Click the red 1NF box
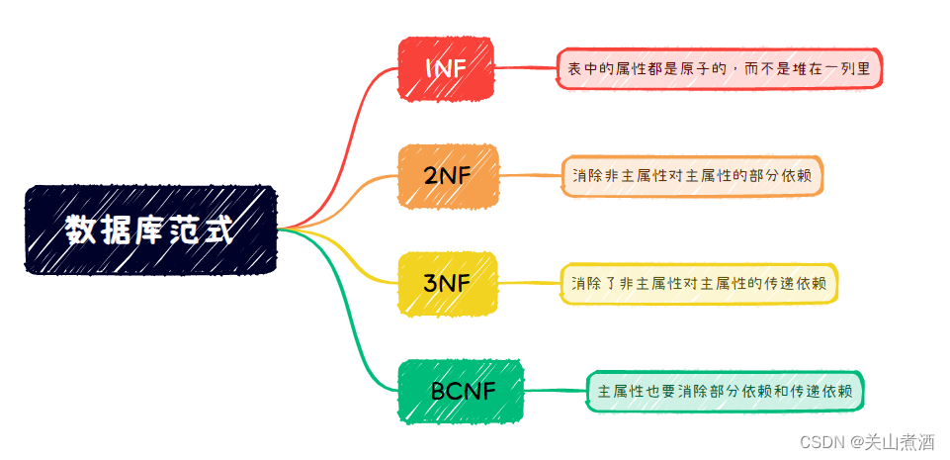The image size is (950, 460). tap(445, 68)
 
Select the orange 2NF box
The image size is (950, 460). tap(448, 176)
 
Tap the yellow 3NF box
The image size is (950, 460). tap(447, 284)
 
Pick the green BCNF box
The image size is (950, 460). tap(461, 392)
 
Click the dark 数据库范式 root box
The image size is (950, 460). tap(150, 230)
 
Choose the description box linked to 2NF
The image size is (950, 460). tap(692, 176)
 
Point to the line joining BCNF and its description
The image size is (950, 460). tap(555, 391)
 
